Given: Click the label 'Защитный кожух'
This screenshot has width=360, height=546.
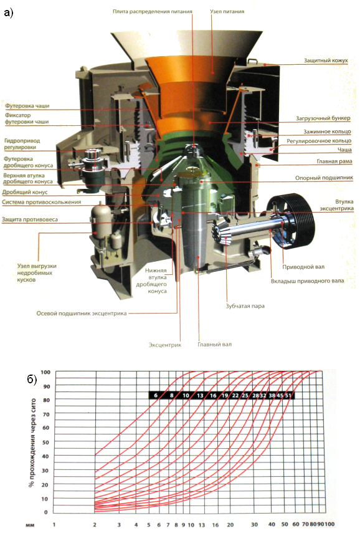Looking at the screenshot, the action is (x=326, y=60).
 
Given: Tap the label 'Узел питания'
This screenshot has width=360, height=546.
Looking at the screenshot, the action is (x=227, y=11).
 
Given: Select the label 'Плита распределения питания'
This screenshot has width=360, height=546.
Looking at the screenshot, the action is (x=153, y=11).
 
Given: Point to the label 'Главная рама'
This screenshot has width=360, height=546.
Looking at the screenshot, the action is (x=334, y=161).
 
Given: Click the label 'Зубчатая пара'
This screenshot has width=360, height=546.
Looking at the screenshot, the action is (x=245, y=306).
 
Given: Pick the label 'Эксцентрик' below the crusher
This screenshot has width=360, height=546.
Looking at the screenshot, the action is (x=165, y=345).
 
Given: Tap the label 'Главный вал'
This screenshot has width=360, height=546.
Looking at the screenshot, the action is (x=215, y=345).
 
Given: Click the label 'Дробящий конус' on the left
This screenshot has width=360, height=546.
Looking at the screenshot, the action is (x=25, y=192).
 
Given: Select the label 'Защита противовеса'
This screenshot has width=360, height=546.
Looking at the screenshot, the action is (x=30, y=219).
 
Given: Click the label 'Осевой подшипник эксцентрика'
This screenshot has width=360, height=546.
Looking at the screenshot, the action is (x=82, y=314).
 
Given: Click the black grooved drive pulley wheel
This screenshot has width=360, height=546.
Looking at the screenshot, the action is (x=293, y=221).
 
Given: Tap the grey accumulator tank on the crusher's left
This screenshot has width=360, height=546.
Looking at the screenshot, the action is (x=100, y=221).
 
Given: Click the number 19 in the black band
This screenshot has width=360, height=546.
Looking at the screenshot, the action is (x=225, y=395).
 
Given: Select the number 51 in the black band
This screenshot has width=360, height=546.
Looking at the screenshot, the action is (x=288, y=395).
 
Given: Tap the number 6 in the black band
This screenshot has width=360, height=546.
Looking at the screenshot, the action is (x=156, y=395).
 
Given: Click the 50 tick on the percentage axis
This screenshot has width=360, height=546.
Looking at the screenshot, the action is (x=45, y=443).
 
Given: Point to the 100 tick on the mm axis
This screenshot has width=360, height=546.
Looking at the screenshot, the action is (x=329, y=524).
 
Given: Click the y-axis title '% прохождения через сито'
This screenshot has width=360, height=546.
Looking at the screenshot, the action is (x=32, y=443).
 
